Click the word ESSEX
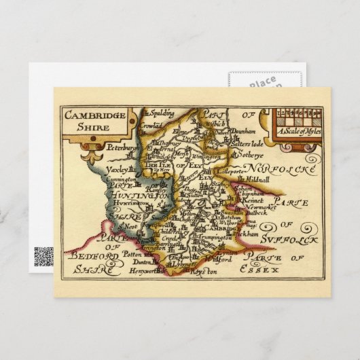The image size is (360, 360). (x=278, y=270)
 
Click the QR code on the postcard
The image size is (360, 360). (x=43, y=256)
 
